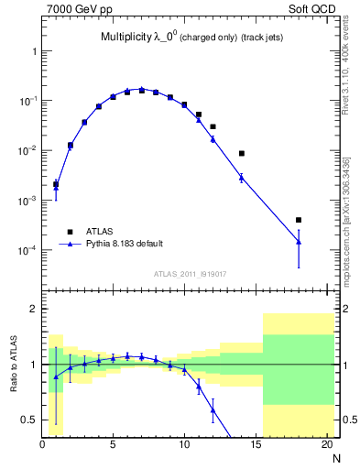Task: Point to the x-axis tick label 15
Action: (255, 446)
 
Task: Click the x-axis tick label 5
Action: (113, 446)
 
